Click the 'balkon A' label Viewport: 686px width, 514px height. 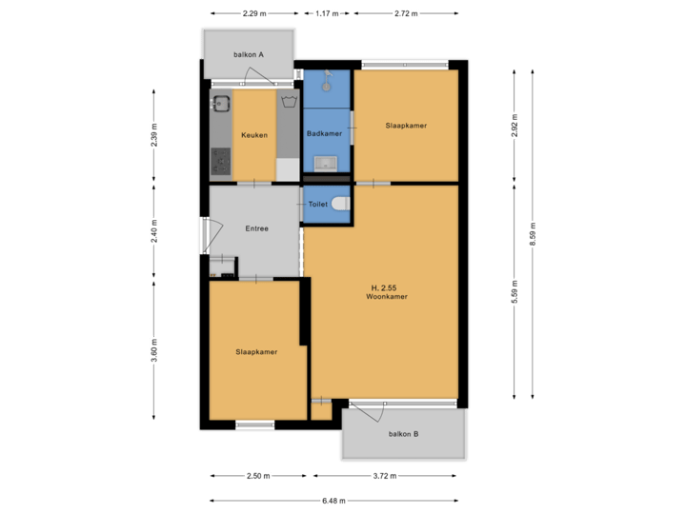249,54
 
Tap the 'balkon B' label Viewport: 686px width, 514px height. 404,434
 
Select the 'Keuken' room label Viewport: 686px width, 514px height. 254,135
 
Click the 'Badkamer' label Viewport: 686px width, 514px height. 324,134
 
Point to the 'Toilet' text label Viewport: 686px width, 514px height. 318,204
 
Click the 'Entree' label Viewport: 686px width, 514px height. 256,228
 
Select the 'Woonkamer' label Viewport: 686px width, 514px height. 386,297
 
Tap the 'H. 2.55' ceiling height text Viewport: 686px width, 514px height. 386,287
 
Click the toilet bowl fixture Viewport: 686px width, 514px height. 340,204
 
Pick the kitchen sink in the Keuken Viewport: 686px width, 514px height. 222,104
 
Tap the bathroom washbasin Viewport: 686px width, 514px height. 326,165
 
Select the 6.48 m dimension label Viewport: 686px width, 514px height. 334,501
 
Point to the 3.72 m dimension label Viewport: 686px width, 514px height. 385,476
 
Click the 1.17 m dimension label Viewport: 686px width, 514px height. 327,13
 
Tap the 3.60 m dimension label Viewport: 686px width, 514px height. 154,351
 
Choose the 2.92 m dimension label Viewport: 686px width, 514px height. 515,126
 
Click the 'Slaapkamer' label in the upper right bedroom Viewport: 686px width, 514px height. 405,126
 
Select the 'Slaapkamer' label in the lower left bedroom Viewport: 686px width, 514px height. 256,352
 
